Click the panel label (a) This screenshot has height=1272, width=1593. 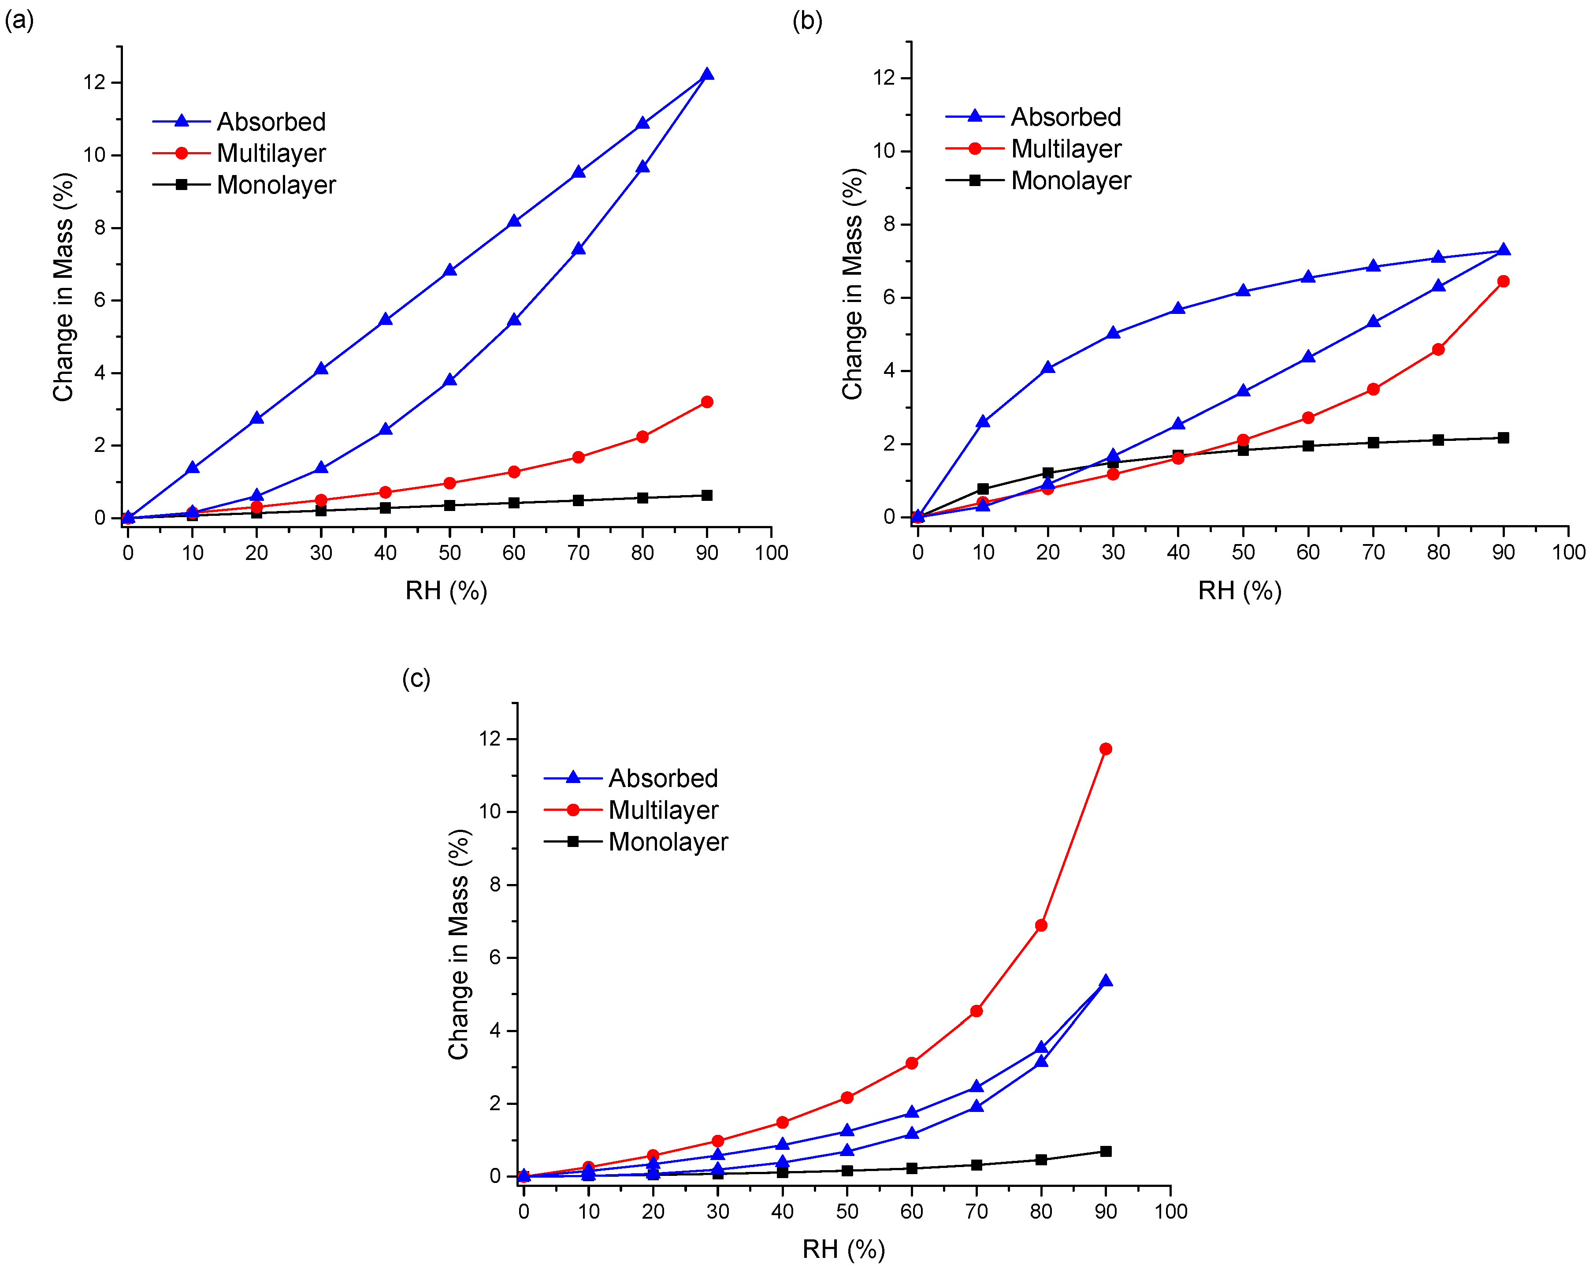pos(19,21)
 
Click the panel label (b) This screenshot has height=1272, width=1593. pos(807,21)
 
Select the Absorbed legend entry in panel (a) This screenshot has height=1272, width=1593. pos(271,121)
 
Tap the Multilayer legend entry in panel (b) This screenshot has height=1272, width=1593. pos(1066,149)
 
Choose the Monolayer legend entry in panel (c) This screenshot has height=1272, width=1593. pos(668,842)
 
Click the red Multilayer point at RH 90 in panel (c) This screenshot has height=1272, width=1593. pos(1105,749)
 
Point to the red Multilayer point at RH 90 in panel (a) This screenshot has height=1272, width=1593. pos(706,402)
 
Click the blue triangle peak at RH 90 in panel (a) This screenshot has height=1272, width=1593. pos(706,74)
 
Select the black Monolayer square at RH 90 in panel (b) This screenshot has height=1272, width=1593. pos(1503,437)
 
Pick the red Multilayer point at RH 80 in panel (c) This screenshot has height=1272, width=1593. pos(1041,925)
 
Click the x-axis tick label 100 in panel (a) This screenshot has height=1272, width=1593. pos(771,553)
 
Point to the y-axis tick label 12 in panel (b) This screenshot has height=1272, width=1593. pos(884,78)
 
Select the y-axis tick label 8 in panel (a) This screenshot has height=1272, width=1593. pos(100,228)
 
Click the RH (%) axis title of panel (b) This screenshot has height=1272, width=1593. pos(1239,590)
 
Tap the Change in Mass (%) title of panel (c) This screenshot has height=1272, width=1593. pos(458,944)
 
